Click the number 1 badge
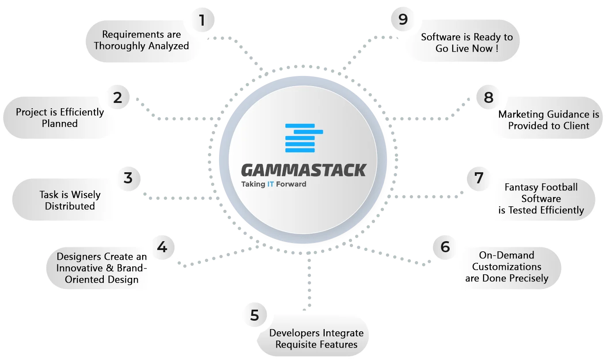click(x=203, y=20)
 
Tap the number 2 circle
click(x=117, y=97)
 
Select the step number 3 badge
click(x=129, y=178)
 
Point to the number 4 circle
click(x=163, y=247)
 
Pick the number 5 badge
click(x=255, y=315)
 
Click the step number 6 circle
click(x=445, y=247)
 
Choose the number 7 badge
click(x=479, y=178)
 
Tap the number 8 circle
click(x=489, y=97)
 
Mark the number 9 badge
click(x=403, y=19)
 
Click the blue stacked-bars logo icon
click(x=304, y=138)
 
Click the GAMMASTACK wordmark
click(x=303, y=170)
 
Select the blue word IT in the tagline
click(x=270, y=184)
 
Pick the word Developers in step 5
click(x=295, y=333)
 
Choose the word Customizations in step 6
click(x=507, y=267)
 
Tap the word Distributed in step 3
click(x=70, y=206)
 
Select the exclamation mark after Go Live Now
click(x=497, y=49)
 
